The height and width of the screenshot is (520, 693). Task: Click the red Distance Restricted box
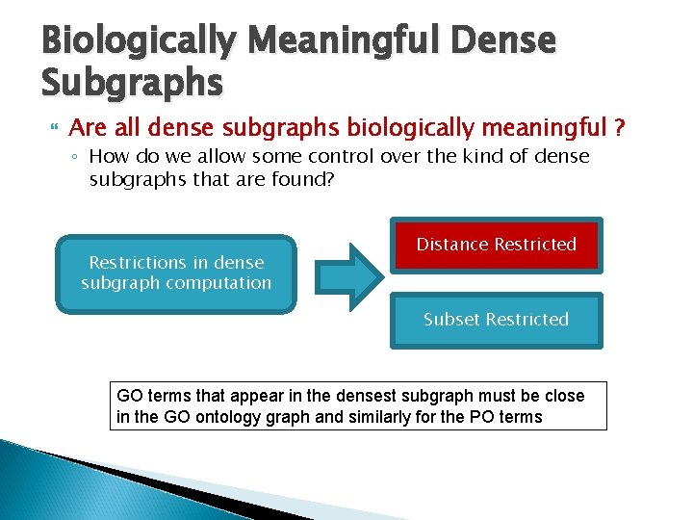point(496,245)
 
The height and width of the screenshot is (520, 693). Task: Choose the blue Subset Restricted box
point(496,320)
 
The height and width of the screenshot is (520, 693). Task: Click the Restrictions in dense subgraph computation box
point(176,273)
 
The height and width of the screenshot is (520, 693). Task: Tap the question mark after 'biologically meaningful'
point(621,128)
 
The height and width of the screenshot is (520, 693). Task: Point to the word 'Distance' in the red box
point(452,245)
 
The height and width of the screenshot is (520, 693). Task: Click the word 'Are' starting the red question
point(87,128)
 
